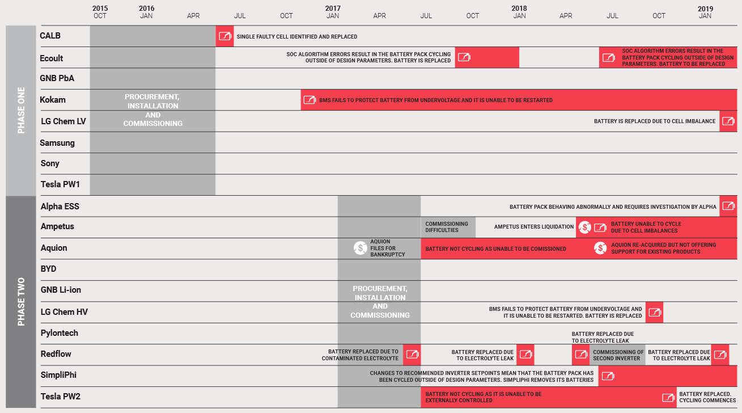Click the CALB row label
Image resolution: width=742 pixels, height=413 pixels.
click(x=50, y=36)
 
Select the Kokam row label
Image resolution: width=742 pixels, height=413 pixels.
click(x=53, y=100)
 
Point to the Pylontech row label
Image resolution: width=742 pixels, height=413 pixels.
click(x=60, y=333)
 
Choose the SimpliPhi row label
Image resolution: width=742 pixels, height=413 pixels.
click(x=58, y=375)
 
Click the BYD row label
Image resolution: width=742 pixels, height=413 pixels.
click(x=49, y=269)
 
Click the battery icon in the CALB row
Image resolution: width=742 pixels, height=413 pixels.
click(x=225, y=36)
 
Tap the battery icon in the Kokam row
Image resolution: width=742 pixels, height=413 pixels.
click(x=309, y=100)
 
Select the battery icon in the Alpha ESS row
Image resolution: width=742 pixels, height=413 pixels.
click(x=728, y=206)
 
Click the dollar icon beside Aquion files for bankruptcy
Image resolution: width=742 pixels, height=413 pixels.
click(x=360, y=248)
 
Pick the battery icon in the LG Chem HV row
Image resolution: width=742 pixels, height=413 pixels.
click(x=654, y=312)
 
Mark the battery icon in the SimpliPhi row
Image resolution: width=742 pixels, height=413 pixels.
click(x=607, y=376)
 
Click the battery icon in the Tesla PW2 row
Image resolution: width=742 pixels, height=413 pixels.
click(x=668, y=397)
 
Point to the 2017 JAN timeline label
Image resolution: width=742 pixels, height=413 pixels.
click(x=333, y=12)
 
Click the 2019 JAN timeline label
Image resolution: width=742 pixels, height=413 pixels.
click(x=705, y=12)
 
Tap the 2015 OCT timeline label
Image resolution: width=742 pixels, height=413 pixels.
click(x=100, y=12)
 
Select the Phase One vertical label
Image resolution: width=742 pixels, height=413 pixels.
click(x=21, y=111)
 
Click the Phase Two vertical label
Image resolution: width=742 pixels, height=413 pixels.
click(x=21, y=302)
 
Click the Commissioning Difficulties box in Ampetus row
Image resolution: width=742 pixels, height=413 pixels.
click(x=447, y=227)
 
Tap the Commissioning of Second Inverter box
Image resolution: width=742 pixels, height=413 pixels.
click(x=618, y=355)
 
